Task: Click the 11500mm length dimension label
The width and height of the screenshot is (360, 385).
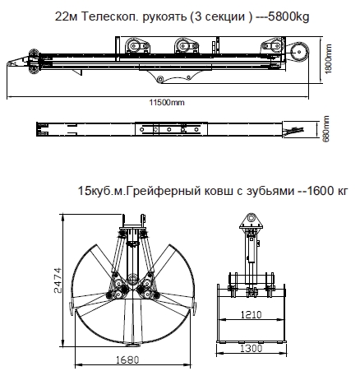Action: coord(167,103)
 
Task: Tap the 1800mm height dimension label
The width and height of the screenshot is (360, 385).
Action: coord(328,58)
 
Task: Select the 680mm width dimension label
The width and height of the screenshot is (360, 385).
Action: coord(326,128)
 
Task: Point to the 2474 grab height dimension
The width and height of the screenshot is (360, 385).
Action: coord(58,281)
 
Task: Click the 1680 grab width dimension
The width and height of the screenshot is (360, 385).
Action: coord(127,359)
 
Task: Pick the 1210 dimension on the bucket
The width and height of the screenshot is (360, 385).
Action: coord(252,314)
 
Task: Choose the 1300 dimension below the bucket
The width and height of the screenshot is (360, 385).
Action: coord(252,349)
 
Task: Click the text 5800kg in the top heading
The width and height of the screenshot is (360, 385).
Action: coord(288,17)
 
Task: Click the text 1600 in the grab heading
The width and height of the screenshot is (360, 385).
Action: coord(319,191)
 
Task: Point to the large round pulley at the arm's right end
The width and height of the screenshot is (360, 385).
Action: coord(298,52)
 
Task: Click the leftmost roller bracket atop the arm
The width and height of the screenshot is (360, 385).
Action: coord(137,45)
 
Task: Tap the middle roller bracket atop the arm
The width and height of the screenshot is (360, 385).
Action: coord(186,45)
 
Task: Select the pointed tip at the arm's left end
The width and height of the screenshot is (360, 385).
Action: coord(7,64)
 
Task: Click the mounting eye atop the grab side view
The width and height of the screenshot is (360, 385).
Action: coord(251,218)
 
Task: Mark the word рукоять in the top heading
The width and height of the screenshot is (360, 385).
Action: coord(164,17)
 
